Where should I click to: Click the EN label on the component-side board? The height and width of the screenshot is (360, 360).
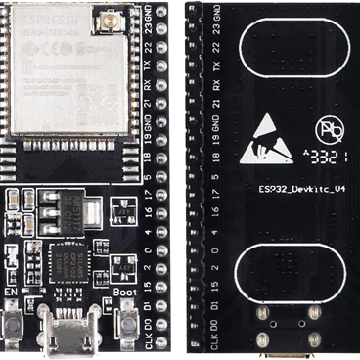(x=12, y=292)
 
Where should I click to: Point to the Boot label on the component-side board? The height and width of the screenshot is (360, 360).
(x=123, y=292)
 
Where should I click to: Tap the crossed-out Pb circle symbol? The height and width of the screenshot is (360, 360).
(x=327, y=129)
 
